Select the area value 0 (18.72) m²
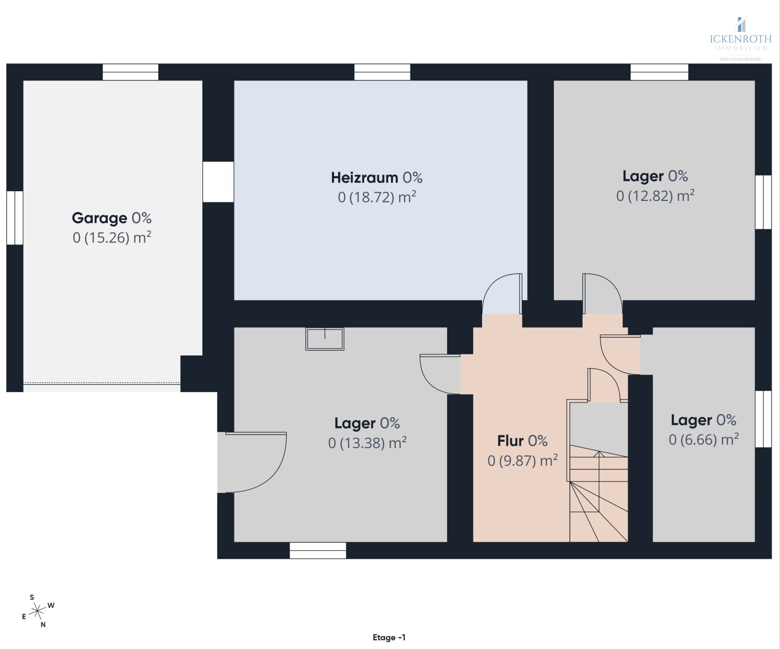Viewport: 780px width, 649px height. (x=376, y=197)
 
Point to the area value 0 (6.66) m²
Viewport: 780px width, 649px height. (x=703, y=440)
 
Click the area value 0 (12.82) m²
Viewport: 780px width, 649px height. (x=655, y=196)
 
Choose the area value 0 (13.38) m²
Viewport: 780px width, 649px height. (x=367, y=443)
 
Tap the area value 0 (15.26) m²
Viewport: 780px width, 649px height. (x=112, y=238)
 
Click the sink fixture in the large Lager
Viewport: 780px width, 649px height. (x=325, y=339)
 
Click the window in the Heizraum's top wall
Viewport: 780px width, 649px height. (x=382, y=72)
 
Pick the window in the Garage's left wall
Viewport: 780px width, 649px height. (x=15, y=218)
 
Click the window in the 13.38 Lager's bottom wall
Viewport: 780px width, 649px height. (x=318, y=551)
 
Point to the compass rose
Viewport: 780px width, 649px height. (x=37, y=610)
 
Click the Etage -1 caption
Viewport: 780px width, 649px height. (x=389, y=637)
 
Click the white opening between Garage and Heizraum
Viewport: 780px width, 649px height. (x=218, y=182)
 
